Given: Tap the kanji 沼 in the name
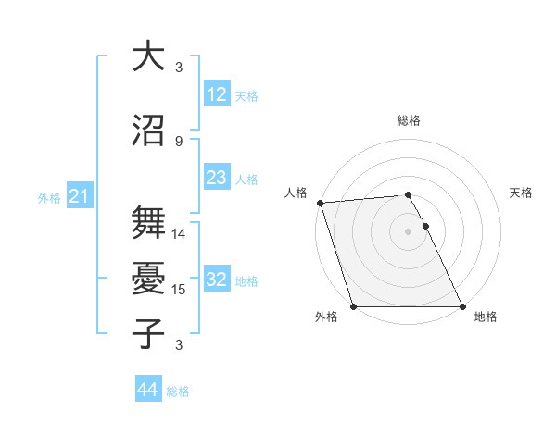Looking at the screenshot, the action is point(148,129).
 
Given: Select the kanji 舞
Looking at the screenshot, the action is point(148,220).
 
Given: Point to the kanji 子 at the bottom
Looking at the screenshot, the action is point(148,332).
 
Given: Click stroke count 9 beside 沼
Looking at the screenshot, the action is point(179,141).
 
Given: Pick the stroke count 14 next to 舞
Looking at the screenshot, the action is point(179,234).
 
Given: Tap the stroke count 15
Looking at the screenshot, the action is point(179,290).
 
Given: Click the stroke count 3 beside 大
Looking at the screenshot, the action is point(179,68).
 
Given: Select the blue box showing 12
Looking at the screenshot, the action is point(216,93).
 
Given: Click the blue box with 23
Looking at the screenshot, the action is point(216,178).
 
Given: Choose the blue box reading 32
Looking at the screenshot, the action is point(216,280).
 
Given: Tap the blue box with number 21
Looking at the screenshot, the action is point(79,196).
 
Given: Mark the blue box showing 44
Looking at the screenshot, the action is point(147,390).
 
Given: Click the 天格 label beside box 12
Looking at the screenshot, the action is point(246,95).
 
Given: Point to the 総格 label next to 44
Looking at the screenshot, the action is point(178,391).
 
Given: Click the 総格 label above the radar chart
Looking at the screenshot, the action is point(409,120).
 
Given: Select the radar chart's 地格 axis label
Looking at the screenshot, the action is point(486,317).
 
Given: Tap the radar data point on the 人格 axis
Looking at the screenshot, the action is point(320,203).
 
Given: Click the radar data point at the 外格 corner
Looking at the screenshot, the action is point(353,306).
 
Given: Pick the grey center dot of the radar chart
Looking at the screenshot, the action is point(408,230).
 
